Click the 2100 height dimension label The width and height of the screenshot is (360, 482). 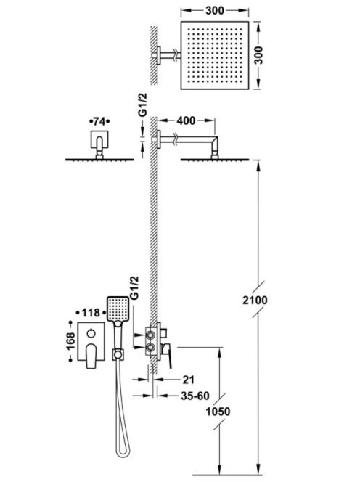point(255,300)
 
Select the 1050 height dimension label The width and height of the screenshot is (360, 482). point(218,412)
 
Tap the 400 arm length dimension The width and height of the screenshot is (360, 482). point(186,120)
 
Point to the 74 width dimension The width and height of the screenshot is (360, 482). point(99,121)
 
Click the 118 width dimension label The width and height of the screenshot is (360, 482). point(91,313)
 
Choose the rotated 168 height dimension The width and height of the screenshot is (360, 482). point(70,341)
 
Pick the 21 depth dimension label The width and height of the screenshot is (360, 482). point(188,380)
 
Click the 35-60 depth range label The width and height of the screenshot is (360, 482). point(195,396)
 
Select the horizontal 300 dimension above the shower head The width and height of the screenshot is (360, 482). point(215,10)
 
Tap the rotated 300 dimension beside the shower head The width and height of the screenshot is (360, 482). point(259,55)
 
